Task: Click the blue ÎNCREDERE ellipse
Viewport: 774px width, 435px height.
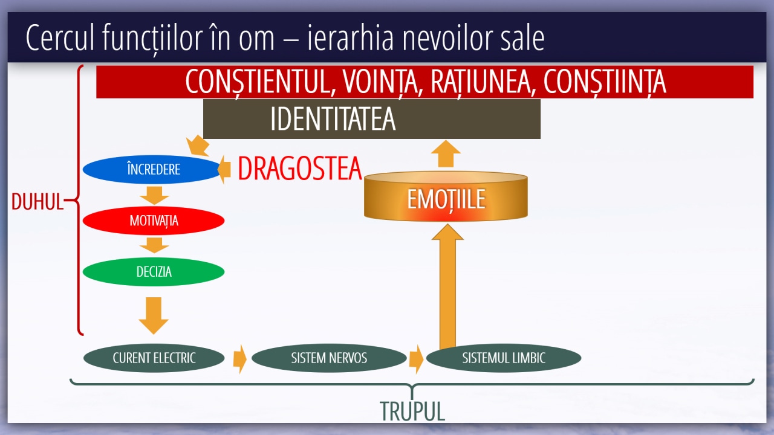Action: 152,169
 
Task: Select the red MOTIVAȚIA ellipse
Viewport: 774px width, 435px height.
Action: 154,221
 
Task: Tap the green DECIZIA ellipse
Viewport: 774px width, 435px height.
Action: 154,272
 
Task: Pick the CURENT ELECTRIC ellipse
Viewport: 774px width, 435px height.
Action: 154,358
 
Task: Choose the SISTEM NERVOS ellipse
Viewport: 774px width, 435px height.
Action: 329,358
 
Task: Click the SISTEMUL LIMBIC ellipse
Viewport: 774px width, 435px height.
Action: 504,358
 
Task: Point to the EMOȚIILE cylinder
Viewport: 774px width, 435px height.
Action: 446,196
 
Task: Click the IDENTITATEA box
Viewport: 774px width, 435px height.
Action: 372,119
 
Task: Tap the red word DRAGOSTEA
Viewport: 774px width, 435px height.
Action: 300,169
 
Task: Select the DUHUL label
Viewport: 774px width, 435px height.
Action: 37,201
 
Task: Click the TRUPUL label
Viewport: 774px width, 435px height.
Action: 412,411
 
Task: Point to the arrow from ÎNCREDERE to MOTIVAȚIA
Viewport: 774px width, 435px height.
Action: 154,195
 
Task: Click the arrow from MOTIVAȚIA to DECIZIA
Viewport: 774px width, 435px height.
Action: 154,245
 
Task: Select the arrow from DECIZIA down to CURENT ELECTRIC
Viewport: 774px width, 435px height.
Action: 154,315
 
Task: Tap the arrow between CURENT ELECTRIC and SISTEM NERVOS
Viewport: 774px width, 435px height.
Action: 240,359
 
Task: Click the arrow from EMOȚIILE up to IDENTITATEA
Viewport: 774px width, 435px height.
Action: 446,153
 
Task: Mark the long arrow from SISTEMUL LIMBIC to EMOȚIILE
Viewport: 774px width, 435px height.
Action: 447,286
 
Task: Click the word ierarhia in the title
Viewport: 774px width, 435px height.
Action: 350,38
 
